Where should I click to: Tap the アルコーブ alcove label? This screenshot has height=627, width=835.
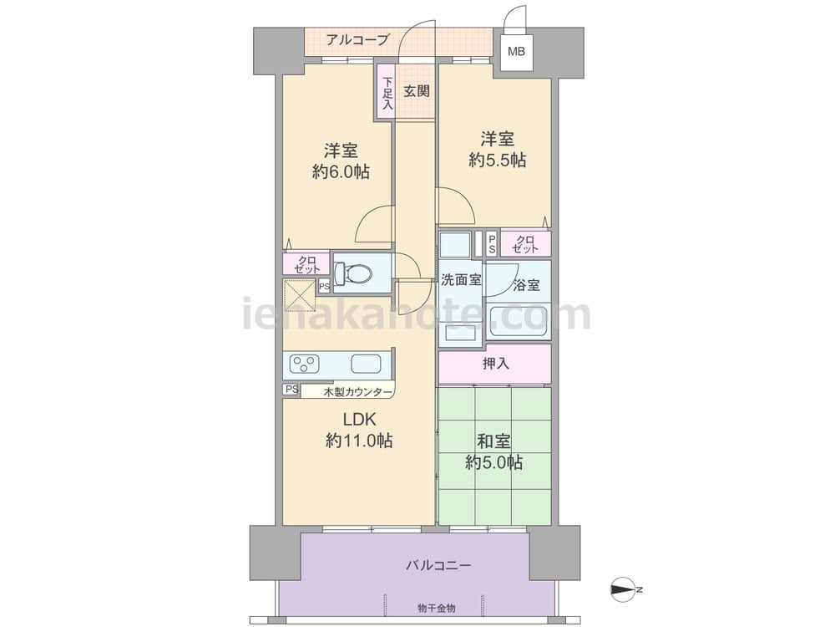coord(357,39)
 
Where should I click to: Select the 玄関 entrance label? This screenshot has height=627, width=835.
coord(417,90)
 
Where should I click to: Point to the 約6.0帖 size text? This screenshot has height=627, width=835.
coord(341,172)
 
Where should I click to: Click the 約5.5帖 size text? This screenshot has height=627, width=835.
coord(497,161)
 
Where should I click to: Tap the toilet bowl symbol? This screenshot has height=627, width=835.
coord(355,273)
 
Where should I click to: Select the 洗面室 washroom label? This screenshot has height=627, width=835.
coord(461,280)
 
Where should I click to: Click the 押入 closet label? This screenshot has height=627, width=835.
coord(495,363)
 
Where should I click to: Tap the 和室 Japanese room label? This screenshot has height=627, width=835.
coord(493,441)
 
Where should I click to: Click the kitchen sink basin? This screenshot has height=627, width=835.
coord(366,364)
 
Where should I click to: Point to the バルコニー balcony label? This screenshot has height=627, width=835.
coord(438,565)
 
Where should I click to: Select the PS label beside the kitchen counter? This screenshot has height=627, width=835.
coord(291,390)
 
